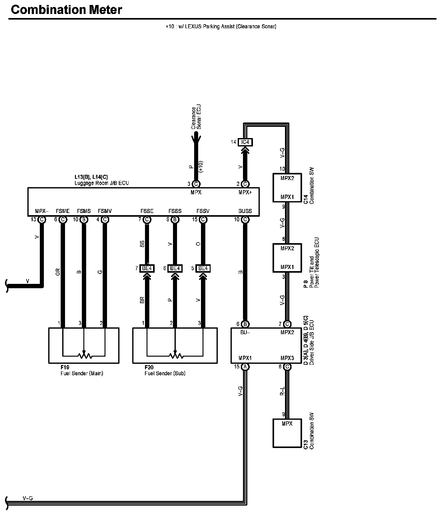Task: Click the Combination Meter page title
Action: click(66, 10)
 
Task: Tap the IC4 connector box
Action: click(245, 142)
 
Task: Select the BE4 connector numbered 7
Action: click(147, 268)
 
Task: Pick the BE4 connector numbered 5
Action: click(203, 268)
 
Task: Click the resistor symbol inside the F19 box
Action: click(84, 355)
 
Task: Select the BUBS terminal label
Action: click(245, 211)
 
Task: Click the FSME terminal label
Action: click(63, 211)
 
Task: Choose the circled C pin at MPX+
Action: click(245, 184)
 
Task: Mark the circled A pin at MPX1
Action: click(245, 367)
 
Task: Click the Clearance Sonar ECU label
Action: click(196, 118)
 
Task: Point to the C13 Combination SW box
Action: click(287, 433)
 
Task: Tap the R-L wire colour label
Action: click(282, 391)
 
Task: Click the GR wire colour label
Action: click(58, 272)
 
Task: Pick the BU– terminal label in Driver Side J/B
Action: click(245, 332)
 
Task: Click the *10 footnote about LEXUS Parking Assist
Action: click(221, 27)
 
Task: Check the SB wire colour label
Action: click(142, 244)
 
